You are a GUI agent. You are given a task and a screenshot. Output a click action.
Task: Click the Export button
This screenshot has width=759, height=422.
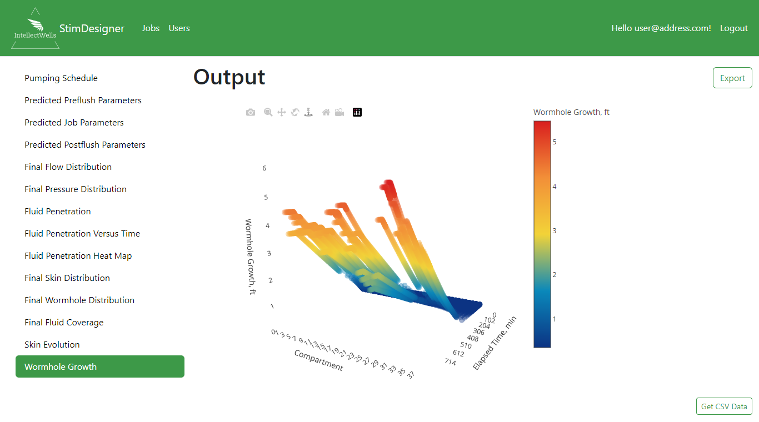(x=732, y=78)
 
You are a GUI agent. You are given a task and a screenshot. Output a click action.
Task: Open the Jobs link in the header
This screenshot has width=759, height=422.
(x=151, y=28)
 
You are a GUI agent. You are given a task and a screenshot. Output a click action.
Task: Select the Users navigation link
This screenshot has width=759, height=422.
(x=179, y=28)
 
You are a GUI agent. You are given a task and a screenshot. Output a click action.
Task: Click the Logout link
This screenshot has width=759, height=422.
(x=733, y=28)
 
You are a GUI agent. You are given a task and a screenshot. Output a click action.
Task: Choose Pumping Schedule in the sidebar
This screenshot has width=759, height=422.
(x=61, y=78)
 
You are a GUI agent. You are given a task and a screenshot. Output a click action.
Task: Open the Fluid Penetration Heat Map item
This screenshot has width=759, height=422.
(x=78, y=256)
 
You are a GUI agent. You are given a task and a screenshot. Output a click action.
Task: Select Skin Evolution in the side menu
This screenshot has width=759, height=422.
(x=52, y=344)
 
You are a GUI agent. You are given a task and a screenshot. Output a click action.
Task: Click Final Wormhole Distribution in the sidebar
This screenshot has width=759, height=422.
(x=79, y=300)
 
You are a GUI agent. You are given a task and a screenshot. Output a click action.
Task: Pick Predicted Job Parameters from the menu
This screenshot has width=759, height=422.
(x=74, y=122)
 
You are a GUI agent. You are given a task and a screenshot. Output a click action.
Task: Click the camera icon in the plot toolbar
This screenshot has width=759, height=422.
(x=251, y=112)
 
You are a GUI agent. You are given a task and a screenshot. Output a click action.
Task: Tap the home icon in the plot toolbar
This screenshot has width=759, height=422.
(x=326, y=112)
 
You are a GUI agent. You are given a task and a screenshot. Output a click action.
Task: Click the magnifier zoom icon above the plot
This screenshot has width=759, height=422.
(x=268, y=112)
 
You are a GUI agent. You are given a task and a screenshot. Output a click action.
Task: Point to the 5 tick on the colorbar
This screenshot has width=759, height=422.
(x=555, y=142)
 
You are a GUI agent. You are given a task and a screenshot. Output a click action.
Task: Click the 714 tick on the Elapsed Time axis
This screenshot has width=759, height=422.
(x=450, y=362)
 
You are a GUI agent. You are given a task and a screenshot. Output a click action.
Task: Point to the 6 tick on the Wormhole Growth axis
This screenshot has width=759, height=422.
(x=264, y=168)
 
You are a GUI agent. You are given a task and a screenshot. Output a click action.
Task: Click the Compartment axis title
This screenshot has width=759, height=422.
(x=318, y=360)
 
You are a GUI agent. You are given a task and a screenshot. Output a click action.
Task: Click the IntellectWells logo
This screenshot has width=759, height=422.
(x=35, y=28)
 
